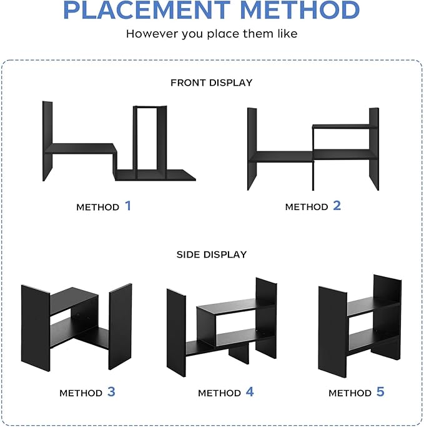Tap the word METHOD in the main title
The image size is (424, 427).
(x=300, y=10)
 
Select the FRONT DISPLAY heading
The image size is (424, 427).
(x=212, y=83)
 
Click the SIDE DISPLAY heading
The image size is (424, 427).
(x=212, y=254)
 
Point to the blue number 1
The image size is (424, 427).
(x=128, y=206)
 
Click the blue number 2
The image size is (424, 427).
(x=337, y=206)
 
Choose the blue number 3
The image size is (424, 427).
(x=111, y=391)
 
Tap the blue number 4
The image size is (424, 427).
(x=250, y=391)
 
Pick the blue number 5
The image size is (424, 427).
(x=380, y=391)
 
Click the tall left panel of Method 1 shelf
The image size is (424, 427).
(x=47, y=141)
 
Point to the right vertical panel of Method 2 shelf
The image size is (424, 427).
(x=374, y=149)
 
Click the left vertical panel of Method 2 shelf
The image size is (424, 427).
(x=252, y=149)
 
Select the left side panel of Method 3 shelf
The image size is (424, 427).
(x=36, y=328)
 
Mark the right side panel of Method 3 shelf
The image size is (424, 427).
(x=121, y=326)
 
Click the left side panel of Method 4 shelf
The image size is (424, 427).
(x=176, y=333)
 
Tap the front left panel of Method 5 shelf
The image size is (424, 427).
(x=333, y=332)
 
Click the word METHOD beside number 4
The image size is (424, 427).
(x=219, y=393)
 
